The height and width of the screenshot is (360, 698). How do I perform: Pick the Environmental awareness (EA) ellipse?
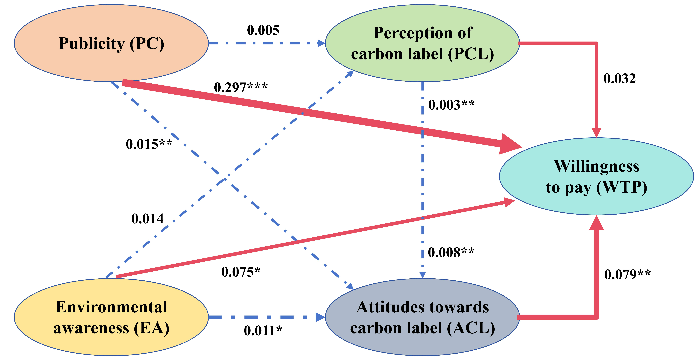(x=111, y=317)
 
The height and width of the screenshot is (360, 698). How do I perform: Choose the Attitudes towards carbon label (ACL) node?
(x=422, y=317)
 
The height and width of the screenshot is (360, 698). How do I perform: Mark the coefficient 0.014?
(x=147, y=219)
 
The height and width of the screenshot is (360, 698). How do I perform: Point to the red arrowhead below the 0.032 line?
(x=596, y=133)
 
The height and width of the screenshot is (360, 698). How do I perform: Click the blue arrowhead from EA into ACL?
(x=320, y=317)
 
